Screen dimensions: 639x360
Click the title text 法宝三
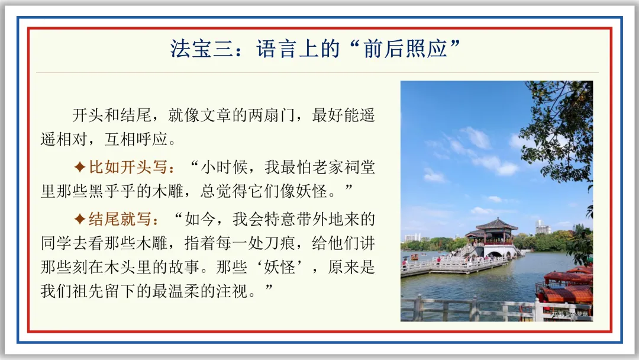pyautogui.click(x=201, y=49)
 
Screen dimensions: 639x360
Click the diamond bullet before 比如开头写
pyautogui.click(x=80, y=167)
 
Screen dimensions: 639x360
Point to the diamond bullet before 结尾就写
pyautogui.click(x=80, y=219)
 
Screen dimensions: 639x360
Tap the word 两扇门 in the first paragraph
pyautogui.click(x=272, y=115)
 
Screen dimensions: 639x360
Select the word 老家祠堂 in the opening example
pyautogui.click(x=344, y=167)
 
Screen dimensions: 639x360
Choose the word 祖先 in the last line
pyautogui.click(x=88, y=291)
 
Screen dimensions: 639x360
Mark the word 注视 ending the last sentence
pyautogui.click(x=232, y=291)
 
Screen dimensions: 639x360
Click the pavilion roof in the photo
pyautogui.click(x=496, y=224)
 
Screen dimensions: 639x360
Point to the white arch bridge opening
pyautogui.click(x=494, y=254)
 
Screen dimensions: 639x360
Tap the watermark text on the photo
pyautogui.click(x=570, y=314)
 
